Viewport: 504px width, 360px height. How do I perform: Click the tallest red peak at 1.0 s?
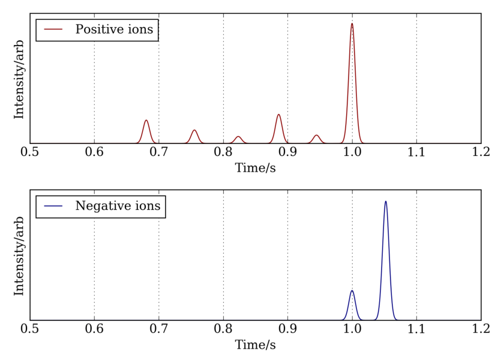352,24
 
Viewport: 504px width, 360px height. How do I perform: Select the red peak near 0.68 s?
146,121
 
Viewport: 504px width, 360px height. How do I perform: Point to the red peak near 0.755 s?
194,131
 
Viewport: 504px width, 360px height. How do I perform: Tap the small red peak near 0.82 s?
238,137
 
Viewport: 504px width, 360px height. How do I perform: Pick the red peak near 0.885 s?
278,115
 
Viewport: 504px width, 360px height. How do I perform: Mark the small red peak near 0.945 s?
317,136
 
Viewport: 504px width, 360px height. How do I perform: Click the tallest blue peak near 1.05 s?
386,202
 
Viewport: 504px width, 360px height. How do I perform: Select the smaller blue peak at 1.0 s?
352,291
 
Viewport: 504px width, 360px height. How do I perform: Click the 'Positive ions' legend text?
114,29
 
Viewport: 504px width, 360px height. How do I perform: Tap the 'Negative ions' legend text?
118,206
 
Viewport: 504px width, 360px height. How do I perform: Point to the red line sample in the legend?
53,29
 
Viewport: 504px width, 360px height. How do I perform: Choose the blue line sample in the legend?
53,206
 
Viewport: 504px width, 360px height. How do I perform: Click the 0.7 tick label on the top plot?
159,152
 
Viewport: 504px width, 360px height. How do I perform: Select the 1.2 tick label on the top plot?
481,152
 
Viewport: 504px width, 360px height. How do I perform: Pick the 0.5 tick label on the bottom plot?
29,329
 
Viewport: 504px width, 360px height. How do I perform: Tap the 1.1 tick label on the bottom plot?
416,329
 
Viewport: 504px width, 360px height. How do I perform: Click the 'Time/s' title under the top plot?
255,168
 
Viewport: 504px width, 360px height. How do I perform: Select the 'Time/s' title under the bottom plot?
255,344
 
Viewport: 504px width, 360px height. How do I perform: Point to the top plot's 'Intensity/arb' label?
19,79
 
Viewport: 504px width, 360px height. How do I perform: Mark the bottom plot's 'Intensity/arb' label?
19,256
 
